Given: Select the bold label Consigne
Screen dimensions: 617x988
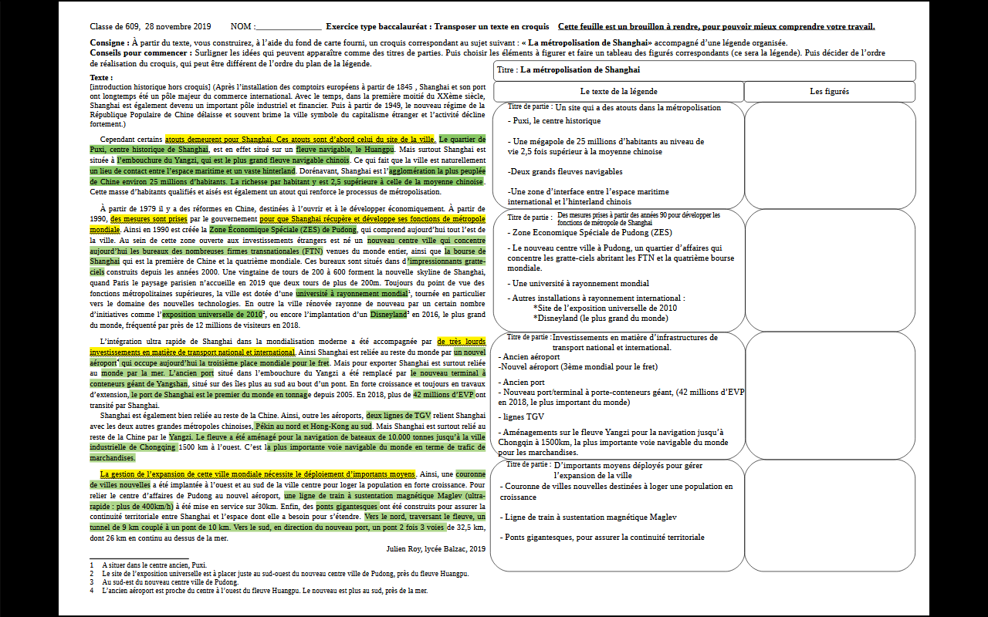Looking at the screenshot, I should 109,42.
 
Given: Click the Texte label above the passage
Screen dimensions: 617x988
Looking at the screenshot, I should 100,78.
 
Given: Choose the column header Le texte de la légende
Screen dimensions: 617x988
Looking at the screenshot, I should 618,91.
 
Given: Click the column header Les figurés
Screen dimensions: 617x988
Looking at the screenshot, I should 829,91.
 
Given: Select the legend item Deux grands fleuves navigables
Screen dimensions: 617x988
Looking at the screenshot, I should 565,171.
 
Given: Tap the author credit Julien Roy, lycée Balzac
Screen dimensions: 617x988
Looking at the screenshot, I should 435,548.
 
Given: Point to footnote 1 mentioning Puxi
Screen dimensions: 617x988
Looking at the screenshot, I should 154,565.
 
